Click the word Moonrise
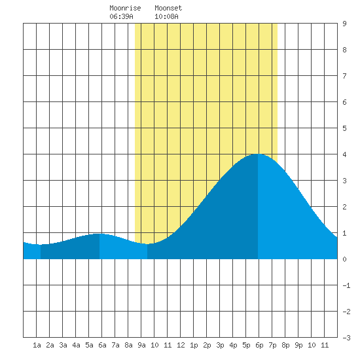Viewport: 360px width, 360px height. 125,8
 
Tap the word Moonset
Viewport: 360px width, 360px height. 168,8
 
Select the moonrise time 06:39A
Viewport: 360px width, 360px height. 121,16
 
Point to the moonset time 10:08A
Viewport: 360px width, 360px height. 166,16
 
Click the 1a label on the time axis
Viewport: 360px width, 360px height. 37,345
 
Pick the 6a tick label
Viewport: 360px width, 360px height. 102,345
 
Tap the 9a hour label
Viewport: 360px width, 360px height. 141,345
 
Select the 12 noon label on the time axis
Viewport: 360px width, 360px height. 181,345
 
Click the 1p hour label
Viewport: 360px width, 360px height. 194,345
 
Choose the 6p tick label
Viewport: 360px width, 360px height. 259,345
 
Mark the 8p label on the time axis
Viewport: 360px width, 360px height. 285,345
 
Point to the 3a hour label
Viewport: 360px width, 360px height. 63,345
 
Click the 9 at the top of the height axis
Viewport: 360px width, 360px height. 344,24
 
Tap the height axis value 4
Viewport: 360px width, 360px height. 344,154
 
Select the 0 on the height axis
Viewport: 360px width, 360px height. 344,259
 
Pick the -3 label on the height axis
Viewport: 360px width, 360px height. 346,338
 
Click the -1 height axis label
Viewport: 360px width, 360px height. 346,285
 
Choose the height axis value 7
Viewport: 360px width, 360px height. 344,76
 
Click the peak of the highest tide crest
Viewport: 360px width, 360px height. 258,154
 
